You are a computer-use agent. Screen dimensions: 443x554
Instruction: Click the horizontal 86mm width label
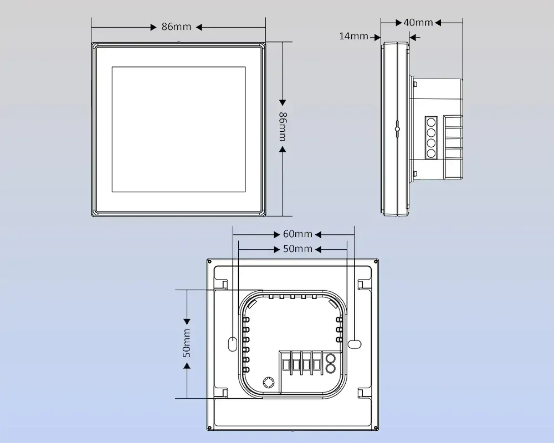click(x=177, y=27)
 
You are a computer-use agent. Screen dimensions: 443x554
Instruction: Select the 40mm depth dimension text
click(x=418, y=22)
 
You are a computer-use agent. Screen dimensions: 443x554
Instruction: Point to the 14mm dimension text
click(x=353, y=37)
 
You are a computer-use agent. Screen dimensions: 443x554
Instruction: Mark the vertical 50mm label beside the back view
click(x=187, y=342)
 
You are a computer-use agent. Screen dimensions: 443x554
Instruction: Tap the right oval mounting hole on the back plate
click(x=353, y=343)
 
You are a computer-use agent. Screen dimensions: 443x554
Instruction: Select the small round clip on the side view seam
click(x=397, y=129)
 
